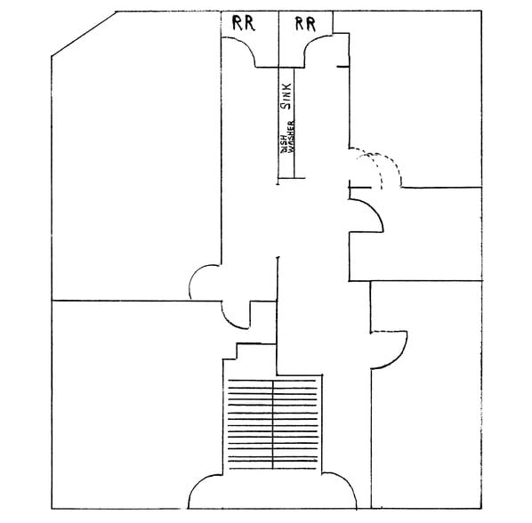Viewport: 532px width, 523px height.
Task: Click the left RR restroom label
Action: click(x=243, y=23)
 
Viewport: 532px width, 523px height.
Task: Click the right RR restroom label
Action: click(x=305, y=24)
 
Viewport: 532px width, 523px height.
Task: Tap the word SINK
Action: click(x=286, y=96)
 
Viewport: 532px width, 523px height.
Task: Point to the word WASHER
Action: click(x=291, y=136)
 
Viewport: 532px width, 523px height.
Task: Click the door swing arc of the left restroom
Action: click(x=246, y=44)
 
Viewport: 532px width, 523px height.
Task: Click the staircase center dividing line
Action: click(x=273, y=424)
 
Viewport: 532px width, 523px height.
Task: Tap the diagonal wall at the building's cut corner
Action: click(x=84, y=34)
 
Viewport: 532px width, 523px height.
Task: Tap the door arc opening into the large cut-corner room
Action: click(x=195, y=276)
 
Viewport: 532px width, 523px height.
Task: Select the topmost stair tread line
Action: click(x=272, y=381)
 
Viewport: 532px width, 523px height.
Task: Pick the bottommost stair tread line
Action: click(x=273, y=469)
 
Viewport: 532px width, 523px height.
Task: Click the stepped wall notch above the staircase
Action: click(x=237, y=351)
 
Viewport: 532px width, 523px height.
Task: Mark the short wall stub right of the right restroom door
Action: click(x=343, y=67)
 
